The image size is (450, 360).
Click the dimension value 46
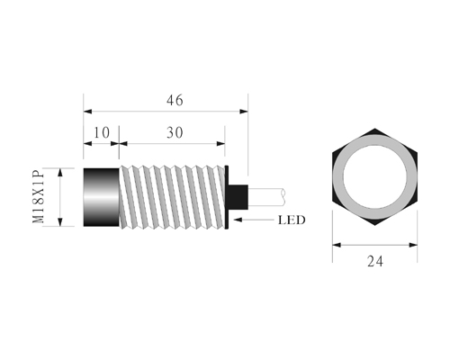pyautogui.click(x=175, y=100)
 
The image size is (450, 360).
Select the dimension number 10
pyautogui.click(x=102, y=133)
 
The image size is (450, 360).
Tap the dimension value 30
pyautogui.click(x=175, y=133)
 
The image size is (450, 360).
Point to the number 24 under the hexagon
pyautogui.click(x=375, y=262)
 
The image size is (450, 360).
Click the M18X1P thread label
pyautogui.click(x=39, y=197)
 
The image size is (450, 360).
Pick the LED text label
pyautogui.click(x=292, y=220)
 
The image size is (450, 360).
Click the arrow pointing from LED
pyautogui.click(x=254, y=220)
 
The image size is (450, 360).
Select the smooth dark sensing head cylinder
pyautogui.click(x=101, y=197)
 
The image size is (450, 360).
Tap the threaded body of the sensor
pyautogui.click(x=172, y=197)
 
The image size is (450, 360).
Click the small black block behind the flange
pyautogui.click(x=238, y=197)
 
